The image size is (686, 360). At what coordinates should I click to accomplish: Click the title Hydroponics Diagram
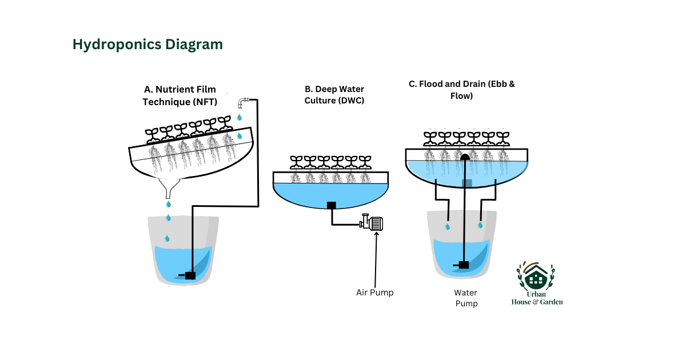coord(147,45)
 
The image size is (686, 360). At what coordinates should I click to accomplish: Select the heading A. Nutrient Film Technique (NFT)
coord(180,95)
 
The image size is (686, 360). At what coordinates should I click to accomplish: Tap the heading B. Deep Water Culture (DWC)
coord(334,95)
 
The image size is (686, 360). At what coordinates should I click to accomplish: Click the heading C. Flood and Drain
coord(461,90)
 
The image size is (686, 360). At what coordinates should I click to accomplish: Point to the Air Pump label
coord(375,293)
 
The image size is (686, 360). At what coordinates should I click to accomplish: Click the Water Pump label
coord(466,298)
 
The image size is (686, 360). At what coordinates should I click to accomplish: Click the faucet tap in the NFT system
coord(243,103)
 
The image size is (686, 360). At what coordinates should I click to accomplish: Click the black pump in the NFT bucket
coord(189,275)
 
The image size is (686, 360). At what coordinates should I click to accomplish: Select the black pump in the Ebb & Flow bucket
coord(464,265)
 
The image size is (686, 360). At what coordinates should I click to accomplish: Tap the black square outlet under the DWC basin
coord(331,205)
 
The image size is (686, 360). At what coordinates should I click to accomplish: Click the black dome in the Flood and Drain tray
coord(465,156)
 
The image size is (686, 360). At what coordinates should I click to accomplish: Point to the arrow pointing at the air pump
coord(376,257)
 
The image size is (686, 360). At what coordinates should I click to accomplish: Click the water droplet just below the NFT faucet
coord(240,118)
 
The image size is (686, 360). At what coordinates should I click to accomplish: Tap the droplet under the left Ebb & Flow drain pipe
coord(447,227)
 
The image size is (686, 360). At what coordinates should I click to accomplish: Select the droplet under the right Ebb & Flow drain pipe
coord(480,225)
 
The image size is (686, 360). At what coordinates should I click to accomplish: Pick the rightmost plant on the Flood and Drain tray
coord(502,138)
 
